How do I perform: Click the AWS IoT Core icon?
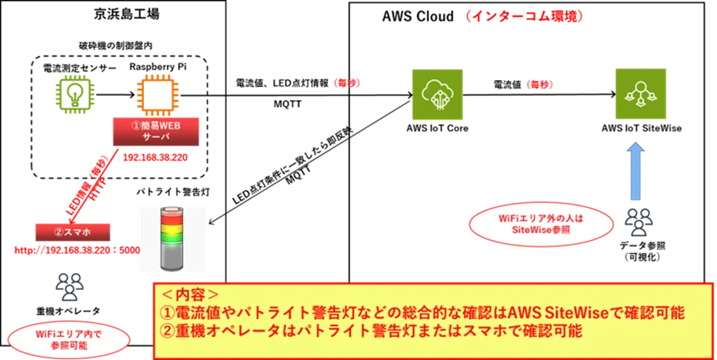pos(437,95)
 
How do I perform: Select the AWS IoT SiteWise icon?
pos(640,94)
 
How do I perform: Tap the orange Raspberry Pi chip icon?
pos(157,95)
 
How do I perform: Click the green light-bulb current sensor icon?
pos(74,95)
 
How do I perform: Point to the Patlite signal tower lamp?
pos(172,238)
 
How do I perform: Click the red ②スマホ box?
pos(73,232)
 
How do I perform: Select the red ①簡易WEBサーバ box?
pos(156,132)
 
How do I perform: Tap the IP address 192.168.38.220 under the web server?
pos(155,158)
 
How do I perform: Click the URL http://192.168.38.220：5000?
pos(77,250)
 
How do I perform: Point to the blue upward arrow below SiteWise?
pos(636,171)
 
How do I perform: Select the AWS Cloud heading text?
pos(418,16)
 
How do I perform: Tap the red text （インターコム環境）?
pos(523,16)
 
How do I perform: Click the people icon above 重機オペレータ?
pos(69,287)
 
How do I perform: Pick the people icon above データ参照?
pos(639,222)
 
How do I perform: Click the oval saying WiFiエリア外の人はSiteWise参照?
pos(542,224)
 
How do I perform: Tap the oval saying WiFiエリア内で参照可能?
pos(69,339)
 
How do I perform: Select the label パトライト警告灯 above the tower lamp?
pos(173,192)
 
